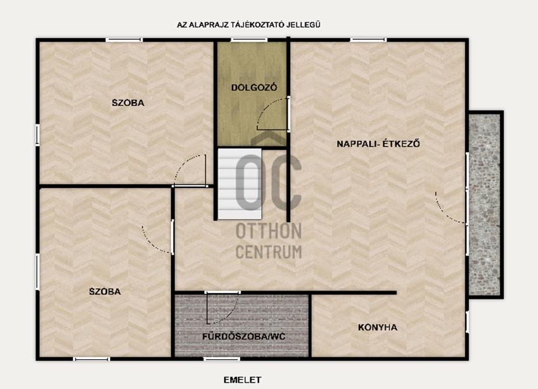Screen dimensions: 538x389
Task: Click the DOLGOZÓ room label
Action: pos(254,88)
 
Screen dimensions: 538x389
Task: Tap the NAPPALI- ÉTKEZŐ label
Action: pos(378,143)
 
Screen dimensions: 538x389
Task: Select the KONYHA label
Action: pos(378,327)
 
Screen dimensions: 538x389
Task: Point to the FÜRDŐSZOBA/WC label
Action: pos(243,336)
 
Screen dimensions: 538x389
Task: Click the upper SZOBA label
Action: pos(128,102)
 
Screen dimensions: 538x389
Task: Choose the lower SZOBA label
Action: pos(105,291)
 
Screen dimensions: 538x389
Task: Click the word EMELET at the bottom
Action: pos(242,379)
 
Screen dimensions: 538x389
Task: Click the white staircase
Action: pos(240,184)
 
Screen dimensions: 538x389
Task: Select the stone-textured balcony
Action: pos(485,204)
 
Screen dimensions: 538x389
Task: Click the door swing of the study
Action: pos(272,114)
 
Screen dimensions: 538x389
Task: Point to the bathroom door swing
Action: pos(222,308)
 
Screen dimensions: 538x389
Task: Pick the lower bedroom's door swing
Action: pos(157,239)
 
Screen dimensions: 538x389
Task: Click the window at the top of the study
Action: pos(249,40)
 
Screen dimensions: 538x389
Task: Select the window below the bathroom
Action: pos(222,359)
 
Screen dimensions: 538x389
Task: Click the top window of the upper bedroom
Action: pos(124,40)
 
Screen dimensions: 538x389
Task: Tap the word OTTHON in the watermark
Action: pos(269,231)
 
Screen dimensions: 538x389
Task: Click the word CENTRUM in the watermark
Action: pos(269,251)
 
